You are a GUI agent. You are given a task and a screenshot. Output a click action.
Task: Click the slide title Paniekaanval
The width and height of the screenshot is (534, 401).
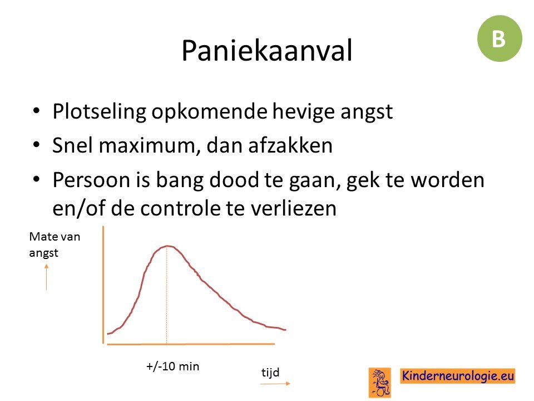pyautogui.click(x=267, y=51)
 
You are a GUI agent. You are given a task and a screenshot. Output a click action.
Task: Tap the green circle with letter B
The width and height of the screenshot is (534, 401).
pyautogui.click(x=500, y=38)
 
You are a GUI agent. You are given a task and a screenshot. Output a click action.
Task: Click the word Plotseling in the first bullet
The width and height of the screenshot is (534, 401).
pyautogui.click(x=100, y=112)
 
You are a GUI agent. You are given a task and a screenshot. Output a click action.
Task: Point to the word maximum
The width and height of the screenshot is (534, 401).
pyautogui.click(x=150, y=146)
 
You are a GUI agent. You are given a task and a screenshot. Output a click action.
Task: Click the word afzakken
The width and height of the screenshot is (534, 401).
pyautogui.click(x=290, y=145)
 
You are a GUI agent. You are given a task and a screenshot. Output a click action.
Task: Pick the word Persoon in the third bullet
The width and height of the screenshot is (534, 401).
pyautogui.click(x=91, y=180)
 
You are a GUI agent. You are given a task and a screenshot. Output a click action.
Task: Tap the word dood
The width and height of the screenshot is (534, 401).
pyautogui.click(x=234, y=179)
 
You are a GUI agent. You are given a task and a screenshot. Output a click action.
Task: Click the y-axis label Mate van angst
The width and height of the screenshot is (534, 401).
pyautogui.click(x=55, y=244)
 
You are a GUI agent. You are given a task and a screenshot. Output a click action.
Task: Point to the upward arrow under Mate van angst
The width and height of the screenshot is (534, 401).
pyautogui.click(x=46, y=277)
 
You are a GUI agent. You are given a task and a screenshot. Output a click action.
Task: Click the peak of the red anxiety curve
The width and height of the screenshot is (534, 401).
pyautogui.click(x=167, y=246)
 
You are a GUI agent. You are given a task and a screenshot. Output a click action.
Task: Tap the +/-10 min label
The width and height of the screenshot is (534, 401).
pyautogui.click(x=172, y=366)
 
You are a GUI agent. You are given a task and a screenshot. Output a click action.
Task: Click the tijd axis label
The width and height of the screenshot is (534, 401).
pyautogui.click(x=270, y=372)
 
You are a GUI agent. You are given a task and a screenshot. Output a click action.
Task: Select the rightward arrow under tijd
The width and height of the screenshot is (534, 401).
pyautogui.click(x=275, y=384)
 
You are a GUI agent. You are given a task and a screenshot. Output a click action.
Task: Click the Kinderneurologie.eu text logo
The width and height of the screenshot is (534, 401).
pyautogui.click(x=458, y=376)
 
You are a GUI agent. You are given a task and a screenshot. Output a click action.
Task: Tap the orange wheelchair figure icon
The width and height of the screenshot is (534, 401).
pyautogui.click(x=380, y=383)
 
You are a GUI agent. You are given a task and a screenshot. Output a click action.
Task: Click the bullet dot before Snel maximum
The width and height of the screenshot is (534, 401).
pyautogui.click(x=37, y=145)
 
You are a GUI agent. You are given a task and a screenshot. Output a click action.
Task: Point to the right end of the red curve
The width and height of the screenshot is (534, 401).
pyautogui.click(x=286, y=330)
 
